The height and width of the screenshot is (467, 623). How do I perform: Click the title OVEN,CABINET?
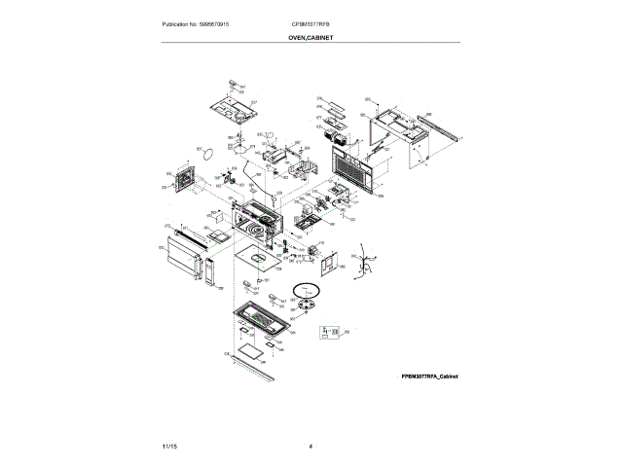click(311, 37)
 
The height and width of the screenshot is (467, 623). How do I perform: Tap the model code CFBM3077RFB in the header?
click(311, 21)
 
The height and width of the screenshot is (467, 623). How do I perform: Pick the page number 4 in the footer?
click(311, 446)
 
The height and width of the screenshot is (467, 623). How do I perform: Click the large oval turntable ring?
click(311, 289)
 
